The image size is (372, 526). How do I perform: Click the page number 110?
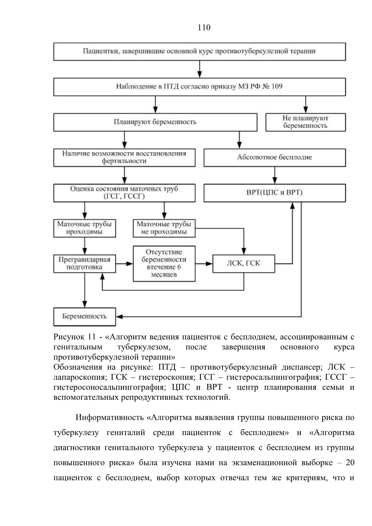[x=204, y=28]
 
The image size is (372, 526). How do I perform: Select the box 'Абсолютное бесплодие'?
[x=275, y=158]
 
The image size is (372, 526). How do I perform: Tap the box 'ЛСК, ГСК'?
[x=244, y=264]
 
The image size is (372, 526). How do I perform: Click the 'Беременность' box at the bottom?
[x=84, y=317]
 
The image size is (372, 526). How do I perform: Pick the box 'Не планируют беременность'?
[x=305, y=122]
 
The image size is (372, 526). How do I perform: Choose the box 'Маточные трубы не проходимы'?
[x=164, y=228]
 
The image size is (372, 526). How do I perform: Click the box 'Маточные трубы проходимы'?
[x=84, y=228]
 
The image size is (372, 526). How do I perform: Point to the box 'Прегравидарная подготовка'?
[x=84, y=264]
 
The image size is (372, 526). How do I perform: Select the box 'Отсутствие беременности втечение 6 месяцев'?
[x=164, y=264]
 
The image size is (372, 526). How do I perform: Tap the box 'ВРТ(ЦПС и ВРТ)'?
[x=275, y=193]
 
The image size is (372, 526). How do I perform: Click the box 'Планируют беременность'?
[x=155, y=122]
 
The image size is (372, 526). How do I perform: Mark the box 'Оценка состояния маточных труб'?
[x=124, y=193]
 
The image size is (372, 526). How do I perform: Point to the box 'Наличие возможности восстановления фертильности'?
[x=124, y=158]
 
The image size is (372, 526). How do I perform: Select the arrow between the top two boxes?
[x=200, y=69]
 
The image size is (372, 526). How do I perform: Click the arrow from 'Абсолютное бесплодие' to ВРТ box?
[x=275, y=176]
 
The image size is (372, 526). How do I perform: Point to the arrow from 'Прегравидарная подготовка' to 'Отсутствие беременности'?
[x=124, y=264]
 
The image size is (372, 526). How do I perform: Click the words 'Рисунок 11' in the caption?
[x=75, y=337]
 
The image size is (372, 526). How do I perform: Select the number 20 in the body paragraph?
[x=350, y=463]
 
